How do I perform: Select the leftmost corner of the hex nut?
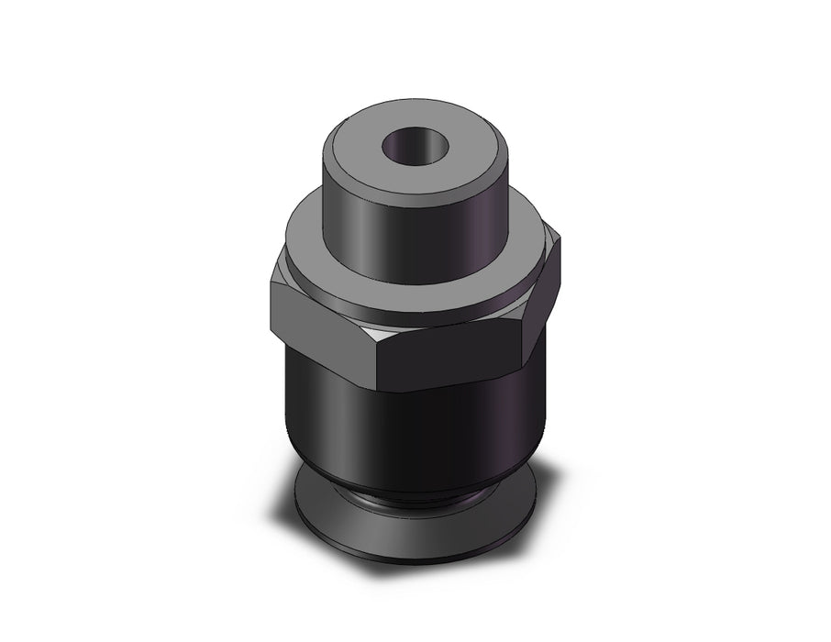click(x=271, y=298)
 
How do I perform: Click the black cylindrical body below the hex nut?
click(x=413, y=431)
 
